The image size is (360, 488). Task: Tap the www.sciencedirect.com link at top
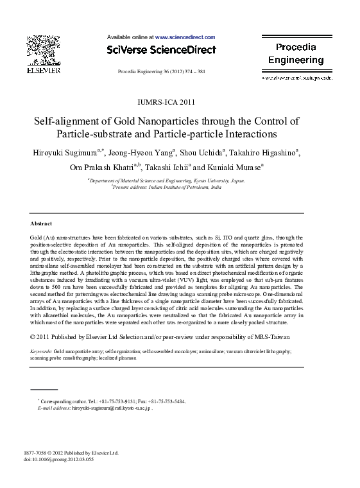click(185, 38)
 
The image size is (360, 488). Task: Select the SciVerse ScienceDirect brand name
click(161, 49)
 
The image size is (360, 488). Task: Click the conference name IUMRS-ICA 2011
click(166, 101)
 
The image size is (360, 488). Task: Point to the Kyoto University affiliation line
click(167, 182)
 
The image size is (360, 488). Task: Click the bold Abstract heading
click(41, 223)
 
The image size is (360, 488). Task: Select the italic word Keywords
click(41, 353)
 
